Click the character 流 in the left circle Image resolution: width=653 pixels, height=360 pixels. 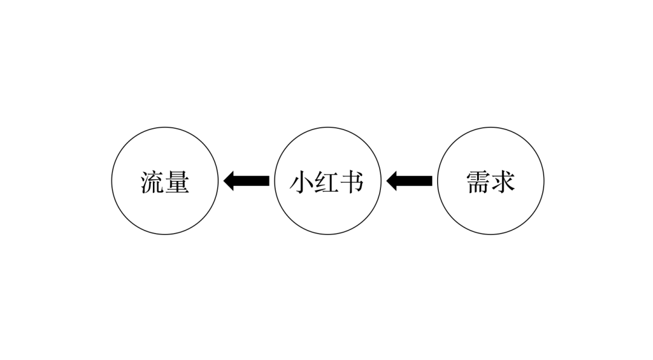(x=152, y=182)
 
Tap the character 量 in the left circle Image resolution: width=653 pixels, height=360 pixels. (x=177, y=182)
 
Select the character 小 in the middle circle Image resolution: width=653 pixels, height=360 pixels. (x=302, y=182)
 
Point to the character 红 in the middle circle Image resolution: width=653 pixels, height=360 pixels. (x=327, y=182)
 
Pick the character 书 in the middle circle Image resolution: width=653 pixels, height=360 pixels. (x=352, y=182)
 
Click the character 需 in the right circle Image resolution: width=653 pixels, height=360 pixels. (x=478, y=182)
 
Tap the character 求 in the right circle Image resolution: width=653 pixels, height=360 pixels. (x=503, y=182)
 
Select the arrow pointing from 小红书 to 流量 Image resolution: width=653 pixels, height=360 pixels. (x=247, y=181)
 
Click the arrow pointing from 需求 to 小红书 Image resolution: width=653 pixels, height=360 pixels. (x=409, y=181)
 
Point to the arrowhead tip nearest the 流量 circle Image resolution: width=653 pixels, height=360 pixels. (x=225, y=181)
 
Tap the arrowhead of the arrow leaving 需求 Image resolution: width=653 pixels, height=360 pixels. (x=392, y=181)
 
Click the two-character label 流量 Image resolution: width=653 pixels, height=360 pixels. (x=164, y=182)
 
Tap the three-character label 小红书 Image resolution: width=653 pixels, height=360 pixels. (x=327, y=182)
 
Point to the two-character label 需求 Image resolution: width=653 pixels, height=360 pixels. (x=490, y=182)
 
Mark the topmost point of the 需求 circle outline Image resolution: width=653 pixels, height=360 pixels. (x=490, y=128)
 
